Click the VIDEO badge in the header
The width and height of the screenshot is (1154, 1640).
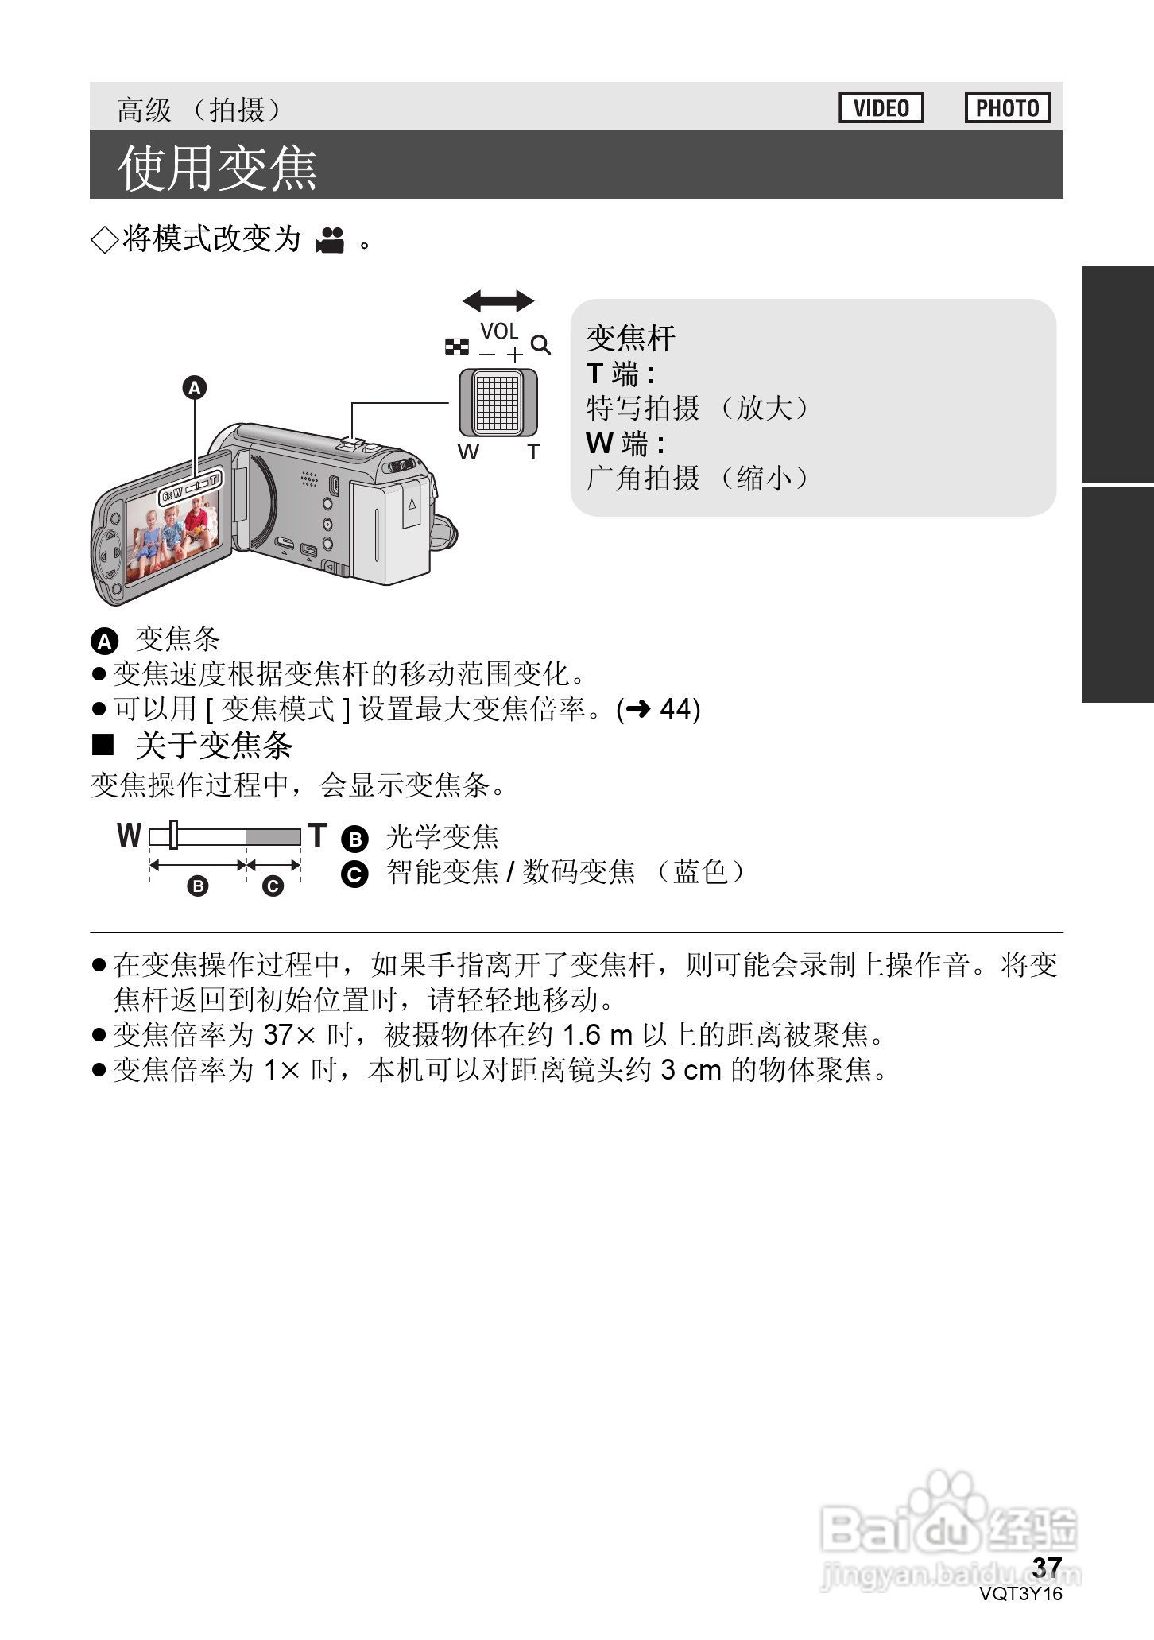coord(881,108)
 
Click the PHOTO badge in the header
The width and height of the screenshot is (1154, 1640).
coord(1007,108)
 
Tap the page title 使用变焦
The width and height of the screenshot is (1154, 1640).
coord(217,168)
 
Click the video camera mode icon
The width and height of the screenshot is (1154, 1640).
coord(331,239)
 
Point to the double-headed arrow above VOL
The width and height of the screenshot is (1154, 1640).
coord(498,301)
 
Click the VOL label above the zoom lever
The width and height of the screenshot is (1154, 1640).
coord(499,331)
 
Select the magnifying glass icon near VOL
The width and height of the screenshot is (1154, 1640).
coord(541,345)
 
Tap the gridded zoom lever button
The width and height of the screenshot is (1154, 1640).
coord(498,402)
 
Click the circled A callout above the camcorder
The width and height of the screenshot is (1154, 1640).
coord(195,388)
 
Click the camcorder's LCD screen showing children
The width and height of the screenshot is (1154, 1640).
coord(171,533)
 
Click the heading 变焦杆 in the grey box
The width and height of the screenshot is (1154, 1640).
coord(630,338)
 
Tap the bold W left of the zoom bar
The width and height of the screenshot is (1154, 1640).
coord(129,836)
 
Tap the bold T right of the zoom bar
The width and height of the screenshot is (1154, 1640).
coord(318,836)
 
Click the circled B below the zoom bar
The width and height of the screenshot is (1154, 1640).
coord(198,886)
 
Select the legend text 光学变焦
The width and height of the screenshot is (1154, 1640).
coord(442,837)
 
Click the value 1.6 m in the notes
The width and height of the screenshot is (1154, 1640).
coord(597,1035)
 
